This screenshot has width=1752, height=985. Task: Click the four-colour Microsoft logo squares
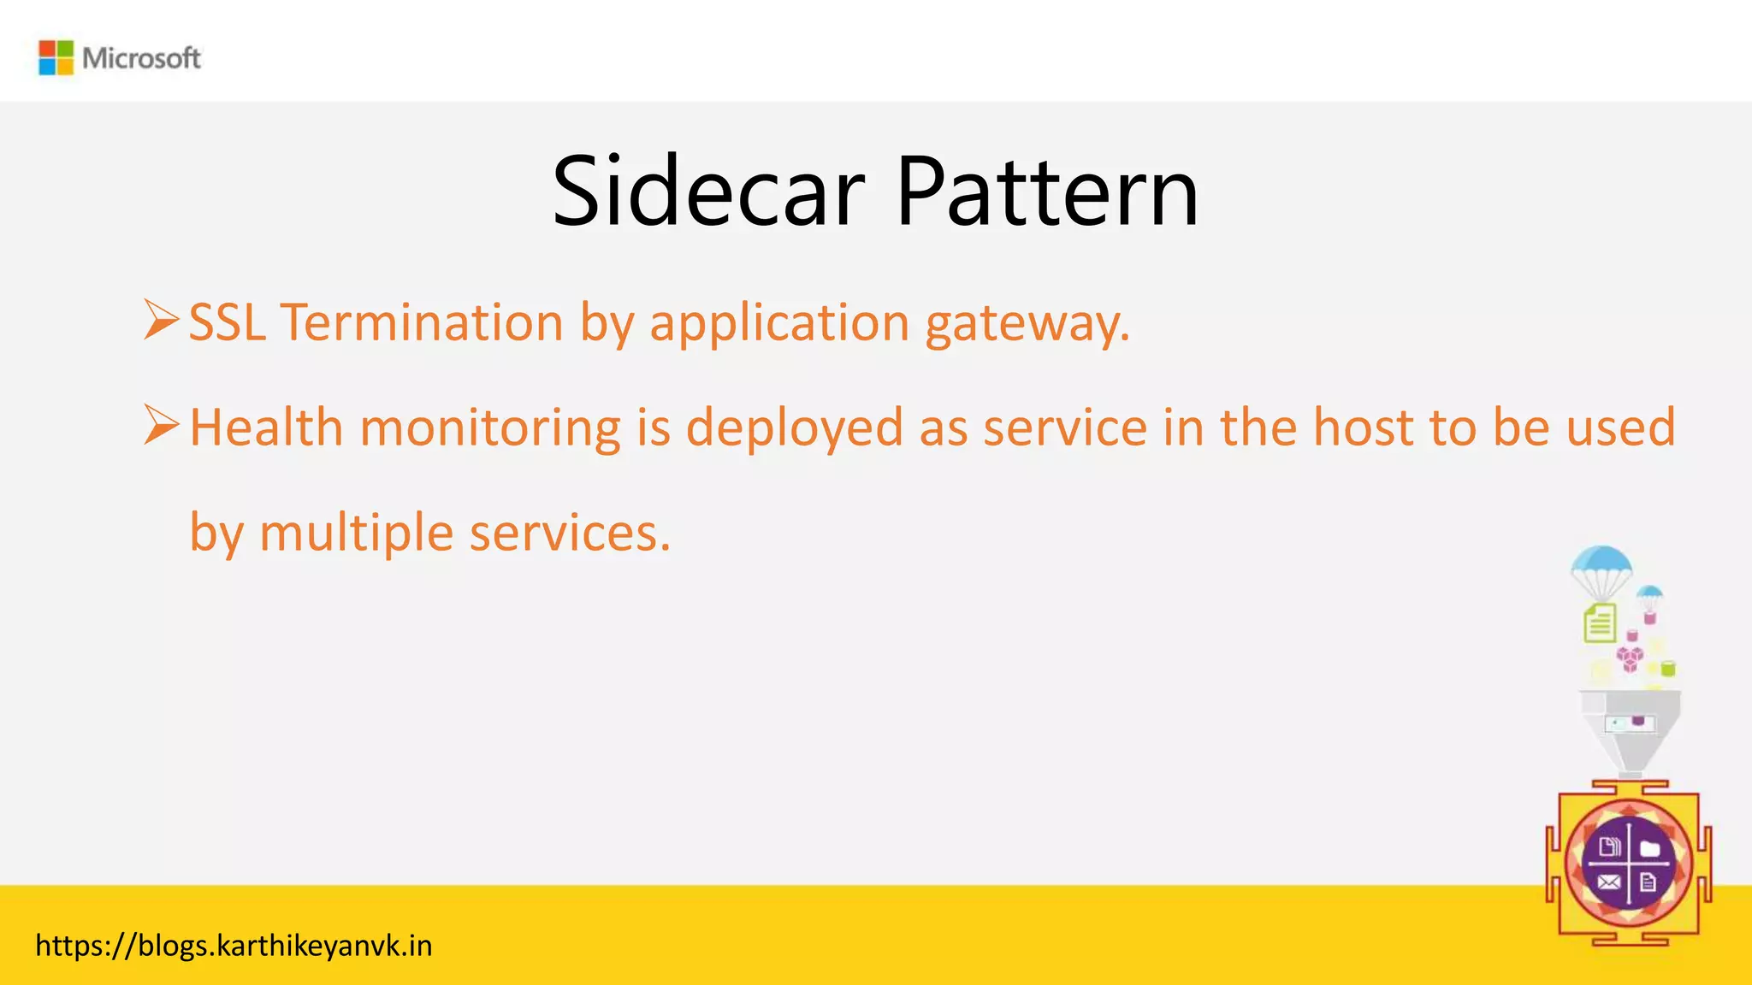coord(56,57)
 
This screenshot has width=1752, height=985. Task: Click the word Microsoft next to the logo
coord(141,58)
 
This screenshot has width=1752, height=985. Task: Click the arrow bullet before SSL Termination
coord(161,320)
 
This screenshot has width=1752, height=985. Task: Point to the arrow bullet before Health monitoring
coord(161,425)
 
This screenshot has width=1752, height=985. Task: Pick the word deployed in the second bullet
coord(794,428)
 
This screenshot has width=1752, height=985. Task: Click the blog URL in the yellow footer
coord(234,946)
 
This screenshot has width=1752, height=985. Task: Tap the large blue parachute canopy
coord(1601,563)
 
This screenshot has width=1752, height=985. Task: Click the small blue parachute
coord(1648,593)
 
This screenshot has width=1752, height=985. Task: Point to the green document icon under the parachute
coord(1600,622)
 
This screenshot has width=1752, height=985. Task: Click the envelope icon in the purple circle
coord(1608,882)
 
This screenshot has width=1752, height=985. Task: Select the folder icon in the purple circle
coord(1649,848)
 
